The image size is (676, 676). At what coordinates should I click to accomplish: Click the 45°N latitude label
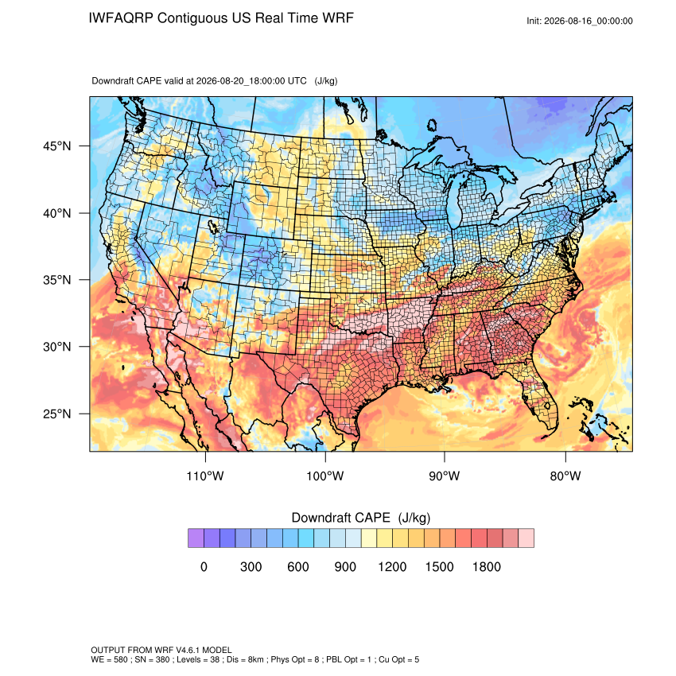[56, 146]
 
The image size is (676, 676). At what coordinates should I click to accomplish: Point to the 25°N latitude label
[56, 414]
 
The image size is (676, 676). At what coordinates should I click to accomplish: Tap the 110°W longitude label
[205, 476]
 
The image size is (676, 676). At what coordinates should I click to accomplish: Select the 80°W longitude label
[565, 476]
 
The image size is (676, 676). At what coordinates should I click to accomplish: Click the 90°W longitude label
[444, 476]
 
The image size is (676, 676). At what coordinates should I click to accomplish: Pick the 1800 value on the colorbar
[486, 566]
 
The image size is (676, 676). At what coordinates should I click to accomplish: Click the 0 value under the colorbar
[204, 566]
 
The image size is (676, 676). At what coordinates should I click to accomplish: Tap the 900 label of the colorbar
[345, 566]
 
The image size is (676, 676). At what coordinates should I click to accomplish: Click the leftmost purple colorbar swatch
[196, 538]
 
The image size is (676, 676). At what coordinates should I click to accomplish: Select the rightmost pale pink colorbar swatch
[526, 538]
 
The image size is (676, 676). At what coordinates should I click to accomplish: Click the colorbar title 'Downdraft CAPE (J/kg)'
[361, 518]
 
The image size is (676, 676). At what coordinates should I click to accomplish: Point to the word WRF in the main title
[339, 18]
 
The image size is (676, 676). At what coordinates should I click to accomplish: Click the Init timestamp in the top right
[580, 21]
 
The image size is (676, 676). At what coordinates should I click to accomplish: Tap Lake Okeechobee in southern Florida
[548, 406]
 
